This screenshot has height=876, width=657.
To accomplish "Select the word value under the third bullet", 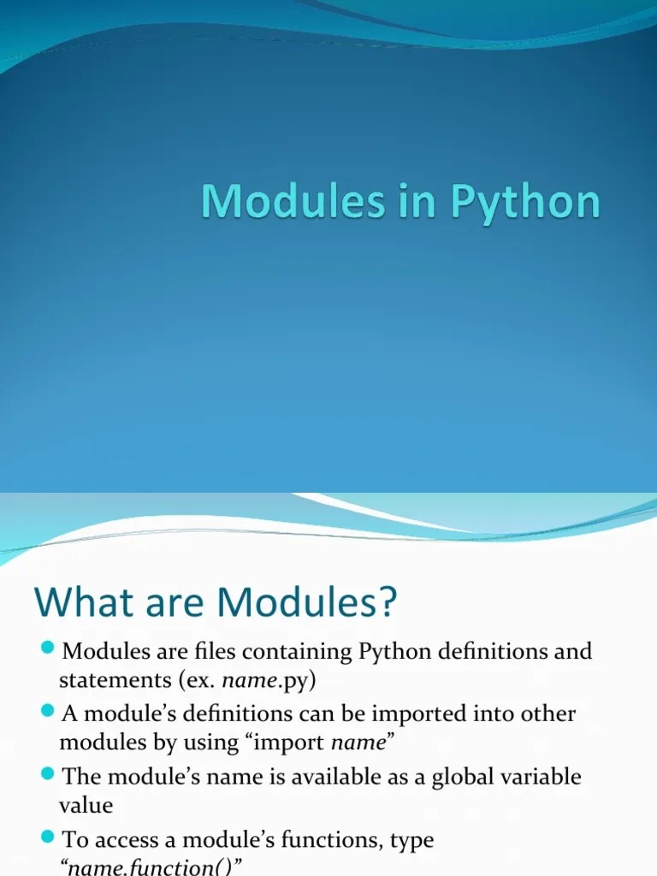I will (x=86, y=805).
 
